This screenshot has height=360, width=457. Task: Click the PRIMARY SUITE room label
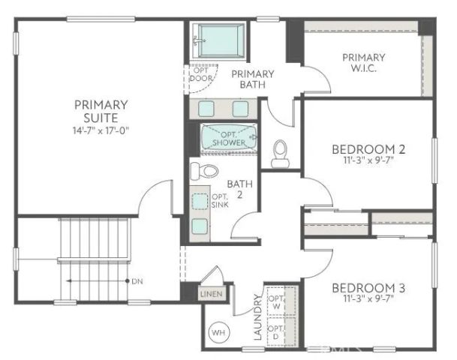[x=101, y=110]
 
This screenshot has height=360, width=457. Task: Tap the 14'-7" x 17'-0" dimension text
[x=101, y=130]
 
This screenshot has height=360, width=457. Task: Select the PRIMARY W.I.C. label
[x=363, y=63]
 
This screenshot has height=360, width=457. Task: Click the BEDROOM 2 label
[x=368, y=149]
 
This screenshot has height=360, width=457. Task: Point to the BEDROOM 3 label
[x=368, y=289]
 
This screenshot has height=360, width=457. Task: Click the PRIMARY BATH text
[x=252, y=79]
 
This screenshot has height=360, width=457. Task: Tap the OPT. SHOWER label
[x=229, y=138]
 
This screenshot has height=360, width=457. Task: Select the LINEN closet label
[x=211, y=294]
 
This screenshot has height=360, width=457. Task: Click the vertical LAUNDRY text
[x=257, y=318]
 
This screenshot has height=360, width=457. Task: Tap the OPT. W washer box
[x=276, y=301]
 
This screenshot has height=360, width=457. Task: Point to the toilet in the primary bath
[x=281, y=152]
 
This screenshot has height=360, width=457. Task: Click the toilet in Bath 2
[x=200, y=171]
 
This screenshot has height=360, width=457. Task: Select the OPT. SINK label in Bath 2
[x=220, y=201]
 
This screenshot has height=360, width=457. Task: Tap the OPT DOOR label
[x=200, y=73]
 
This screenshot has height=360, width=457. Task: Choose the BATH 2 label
[x=240, y=188]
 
